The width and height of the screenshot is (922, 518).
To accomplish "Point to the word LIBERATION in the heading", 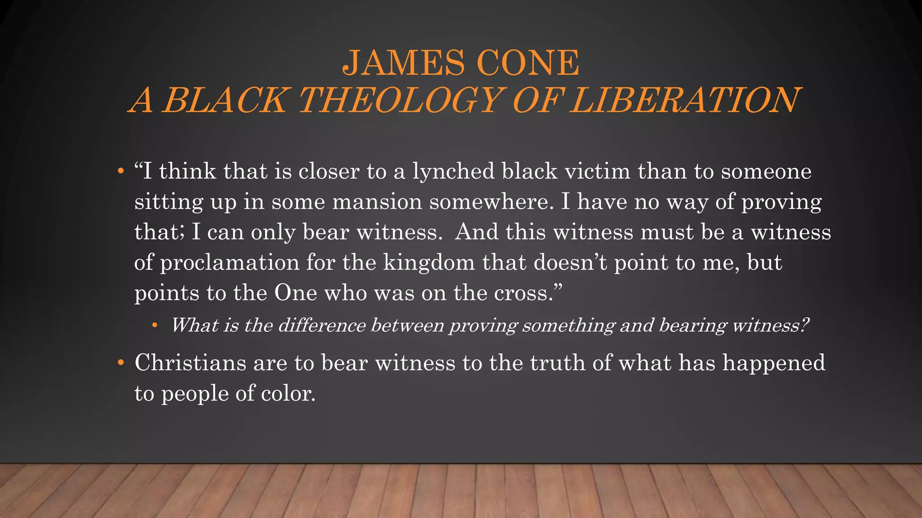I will tap(684, 100).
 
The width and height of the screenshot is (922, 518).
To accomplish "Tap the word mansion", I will tap(377, 201).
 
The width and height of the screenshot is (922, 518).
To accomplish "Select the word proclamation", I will tap(230, 263).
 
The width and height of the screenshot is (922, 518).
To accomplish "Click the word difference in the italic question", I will tap(321, 325).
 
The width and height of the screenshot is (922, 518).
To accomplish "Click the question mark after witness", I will tap(805, 325).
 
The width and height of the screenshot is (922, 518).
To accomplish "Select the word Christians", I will tap(190, 362).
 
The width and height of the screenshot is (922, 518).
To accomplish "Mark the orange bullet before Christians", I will tap(120, 362).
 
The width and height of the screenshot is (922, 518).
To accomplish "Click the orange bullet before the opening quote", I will tap(120, 171).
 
